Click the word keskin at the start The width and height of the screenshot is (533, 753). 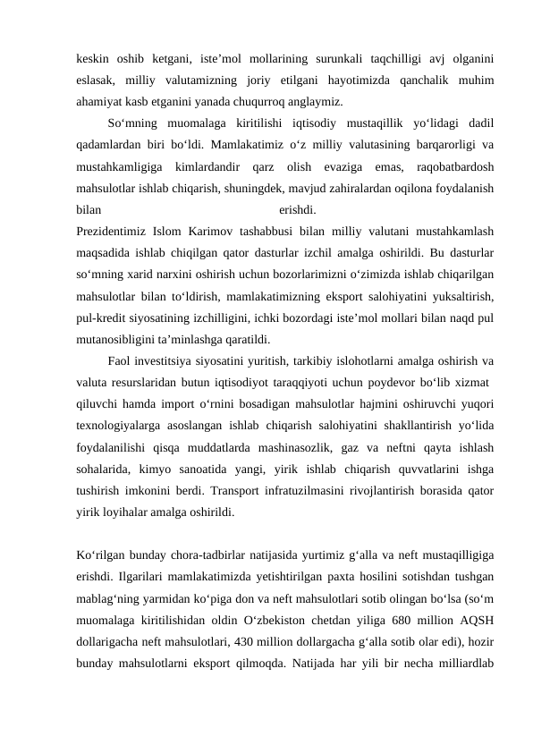point(92,59)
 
